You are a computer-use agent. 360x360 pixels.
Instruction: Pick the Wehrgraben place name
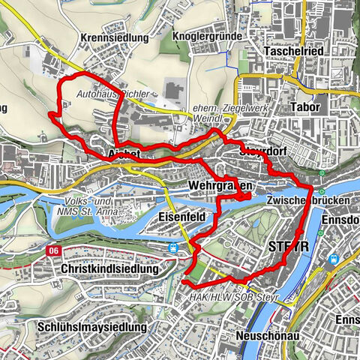coord(219,184)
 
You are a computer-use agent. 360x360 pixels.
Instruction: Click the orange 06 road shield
coord(52,250)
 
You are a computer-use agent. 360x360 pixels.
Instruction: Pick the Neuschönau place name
coord(268,335)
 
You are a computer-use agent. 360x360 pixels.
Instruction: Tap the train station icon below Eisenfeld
coord(174,245)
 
